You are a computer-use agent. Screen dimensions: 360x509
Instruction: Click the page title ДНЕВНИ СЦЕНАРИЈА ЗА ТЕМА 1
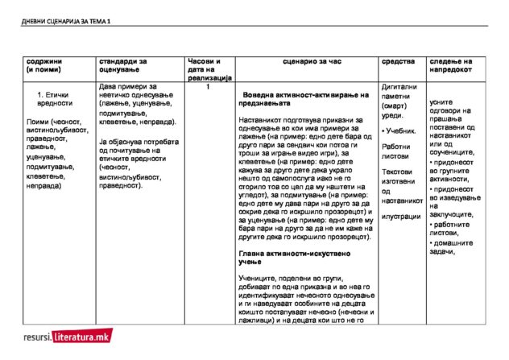click(65, 22)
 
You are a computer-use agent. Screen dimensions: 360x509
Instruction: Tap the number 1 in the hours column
click(209, 87)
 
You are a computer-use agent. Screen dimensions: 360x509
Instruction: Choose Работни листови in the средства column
click(399, 151)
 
